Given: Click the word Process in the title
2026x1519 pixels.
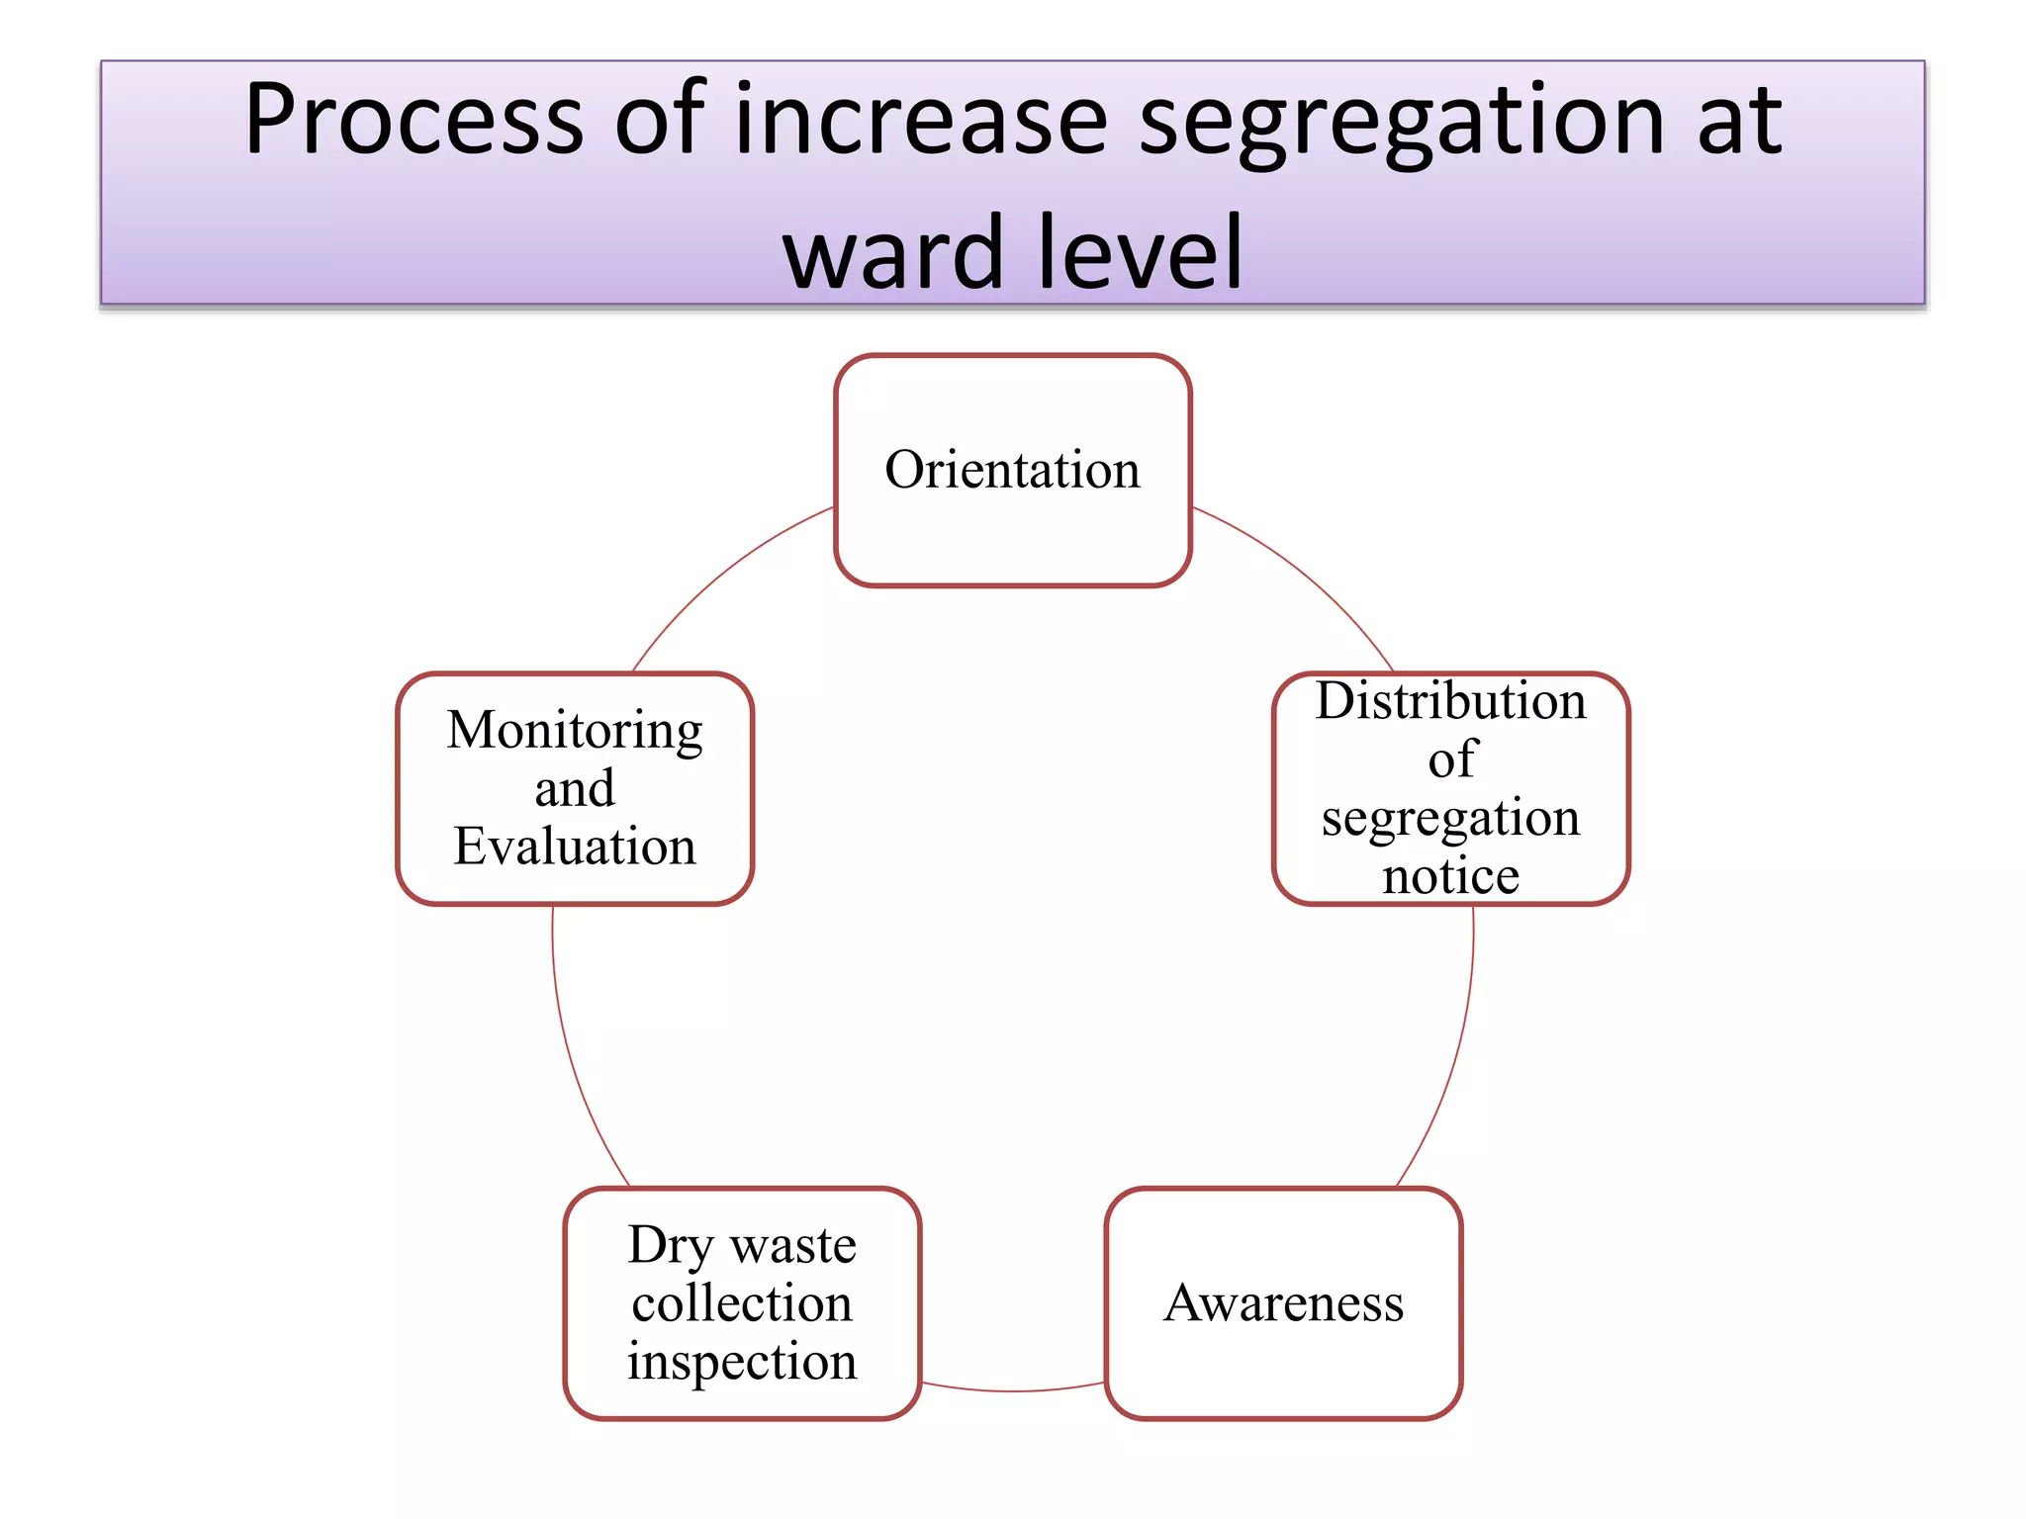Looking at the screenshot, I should click(414, 120).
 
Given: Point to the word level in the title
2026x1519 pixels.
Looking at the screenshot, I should click(1143, 253).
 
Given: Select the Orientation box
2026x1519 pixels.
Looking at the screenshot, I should click(1012, 470).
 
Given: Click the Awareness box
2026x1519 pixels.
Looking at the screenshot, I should click(1283, 1303).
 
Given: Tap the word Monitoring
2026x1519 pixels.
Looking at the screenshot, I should click(575, 732).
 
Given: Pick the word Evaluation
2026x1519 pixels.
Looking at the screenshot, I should click(575, 847).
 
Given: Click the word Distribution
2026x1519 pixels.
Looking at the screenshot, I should click(1450, 701).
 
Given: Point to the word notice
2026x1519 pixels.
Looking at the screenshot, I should click(1450, 876).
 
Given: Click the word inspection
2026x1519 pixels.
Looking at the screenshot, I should click(742, 1362).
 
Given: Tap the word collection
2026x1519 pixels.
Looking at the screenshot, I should click(742, 1303).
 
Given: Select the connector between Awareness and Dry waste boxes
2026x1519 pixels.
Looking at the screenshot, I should click(1012, 1390).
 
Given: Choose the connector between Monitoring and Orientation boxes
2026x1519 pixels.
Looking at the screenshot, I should click(720, 574).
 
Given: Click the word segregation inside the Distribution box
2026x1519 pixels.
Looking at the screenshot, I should click(1450, 819).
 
